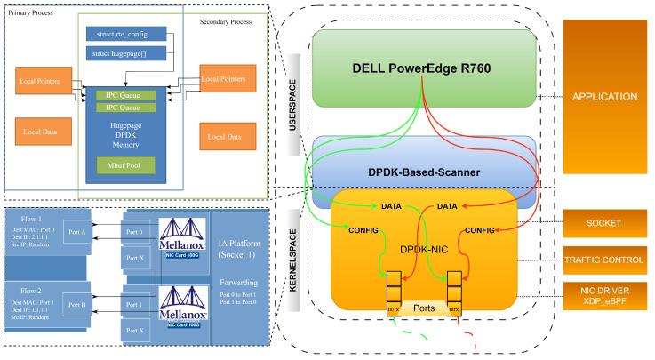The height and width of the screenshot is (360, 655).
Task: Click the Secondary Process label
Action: click(227, 20)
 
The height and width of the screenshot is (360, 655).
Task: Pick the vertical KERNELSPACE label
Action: click(296, 260)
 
